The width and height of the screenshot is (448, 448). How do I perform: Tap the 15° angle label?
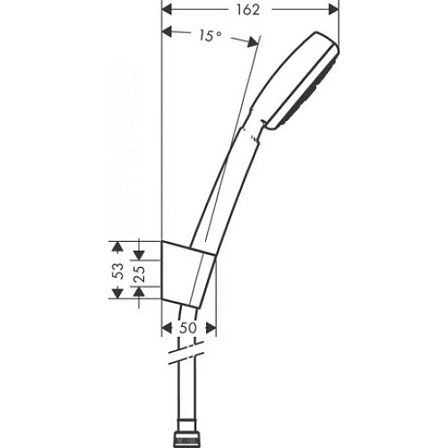[210, 37]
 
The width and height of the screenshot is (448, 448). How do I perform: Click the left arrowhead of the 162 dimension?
[167, 10]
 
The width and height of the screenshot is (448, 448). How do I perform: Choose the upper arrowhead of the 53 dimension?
[115, 245]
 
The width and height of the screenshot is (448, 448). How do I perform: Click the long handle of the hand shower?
[228, 179]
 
